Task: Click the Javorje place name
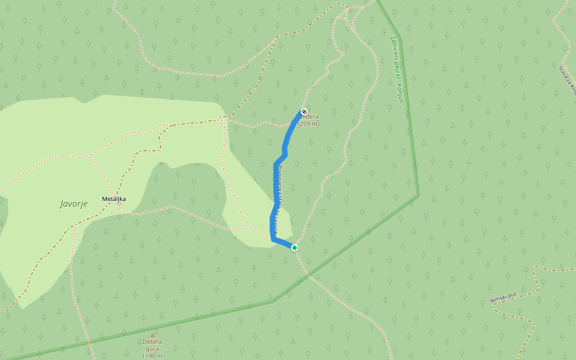pyautogui.click(x=74, y=203)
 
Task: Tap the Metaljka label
pyautogui.click(x=113, y=198)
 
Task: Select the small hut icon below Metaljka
pyautogui.click(x=119, y=203)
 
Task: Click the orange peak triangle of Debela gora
pyautogui.click(x=152, y=335)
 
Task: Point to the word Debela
pyautogui.click(x=152, y=342)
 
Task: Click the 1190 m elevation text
pyautogui.click(x=152, y=356)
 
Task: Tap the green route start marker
pyautogui.click(x=295, y=247)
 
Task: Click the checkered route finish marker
pyautogui.click(x=304, y=112)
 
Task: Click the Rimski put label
pyautogui.click(x=503, y=296)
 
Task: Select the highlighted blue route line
pyautogui.click(x=276, y=180)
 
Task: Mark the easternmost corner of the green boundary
pyautogui.click(x=418, y=195)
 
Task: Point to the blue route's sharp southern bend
pyautogui.click(x=273, y=239)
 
